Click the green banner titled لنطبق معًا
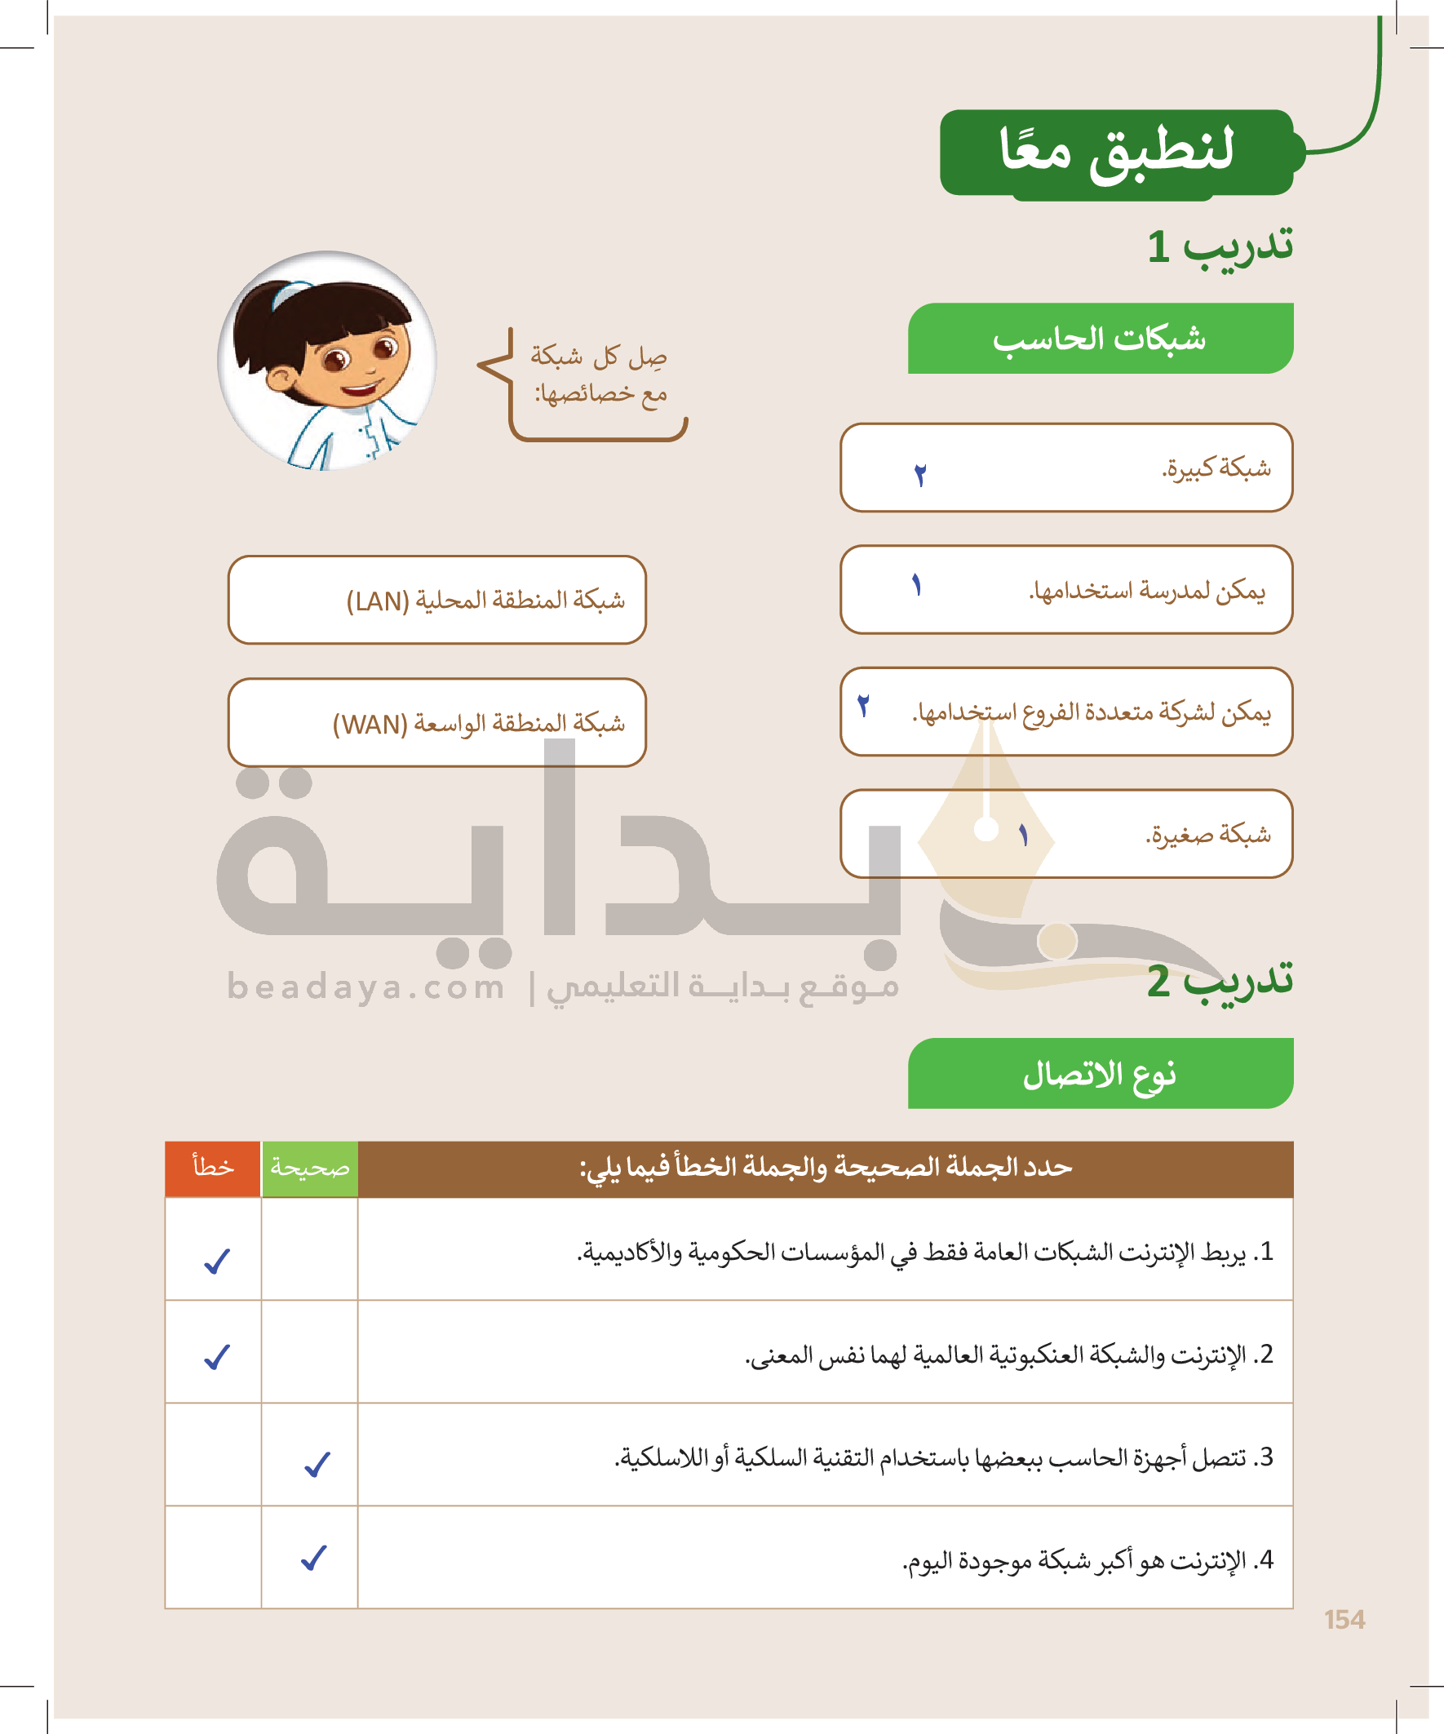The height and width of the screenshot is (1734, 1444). (x=1116, y=152)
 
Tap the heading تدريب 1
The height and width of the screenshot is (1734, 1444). (x=1220, y=246)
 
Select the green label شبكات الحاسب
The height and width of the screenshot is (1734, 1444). (x=1100, y=339)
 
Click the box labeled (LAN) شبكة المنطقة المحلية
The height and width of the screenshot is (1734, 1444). (x=436, y=601)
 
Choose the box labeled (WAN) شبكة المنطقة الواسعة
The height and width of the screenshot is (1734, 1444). (x=436, y=723)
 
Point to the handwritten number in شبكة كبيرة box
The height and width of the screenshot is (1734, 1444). (x=920, y=475)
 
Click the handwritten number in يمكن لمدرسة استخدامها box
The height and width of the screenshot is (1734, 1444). (x=916, y=585)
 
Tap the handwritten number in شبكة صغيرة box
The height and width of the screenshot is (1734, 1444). (x=1024, y=836)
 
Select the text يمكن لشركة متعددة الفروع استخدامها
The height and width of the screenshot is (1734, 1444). (x=1091, y=712)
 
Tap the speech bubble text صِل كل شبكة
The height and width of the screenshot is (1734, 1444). (x=599, y=357)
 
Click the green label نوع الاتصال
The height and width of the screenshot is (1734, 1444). (x=1100, y=1074)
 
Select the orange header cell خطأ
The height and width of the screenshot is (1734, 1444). (x=213, y=1168)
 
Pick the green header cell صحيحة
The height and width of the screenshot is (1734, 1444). (x=310, y=1168)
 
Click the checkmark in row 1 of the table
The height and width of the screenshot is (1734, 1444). (x=217, y=1261)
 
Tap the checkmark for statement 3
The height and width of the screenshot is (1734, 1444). (x=317, y=1464)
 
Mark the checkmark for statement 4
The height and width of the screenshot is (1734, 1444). (x=314, y=1557)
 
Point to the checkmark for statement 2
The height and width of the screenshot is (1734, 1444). (x=217, y=1357)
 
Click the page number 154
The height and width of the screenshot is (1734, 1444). (x=1344, y=1619)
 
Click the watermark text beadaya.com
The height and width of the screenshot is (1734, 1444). (x=365, y=987)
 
